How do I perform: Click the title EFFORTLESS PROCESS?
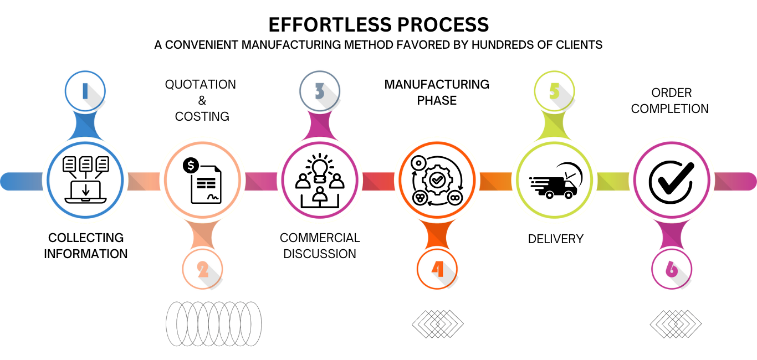378,25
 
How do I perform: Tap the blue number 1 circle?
85,91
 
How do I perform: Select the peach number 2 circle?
203,270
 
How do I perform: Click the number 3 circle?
320,91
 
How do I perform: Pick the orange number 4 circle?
437,270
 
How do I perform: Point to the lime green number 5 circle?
554,91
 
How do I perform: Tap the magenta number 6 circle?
672,270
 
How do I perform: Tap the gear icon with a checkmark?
437,179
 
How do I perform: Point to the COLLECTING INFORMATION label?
86,246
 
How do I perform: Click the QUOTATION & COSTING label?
201,100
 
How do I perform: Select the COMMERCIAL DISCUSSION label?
320,246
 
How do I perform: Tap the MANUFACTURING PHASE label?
437,92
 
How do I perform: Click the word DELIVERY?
555,239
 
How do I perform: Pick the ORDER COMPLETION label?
670,101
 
